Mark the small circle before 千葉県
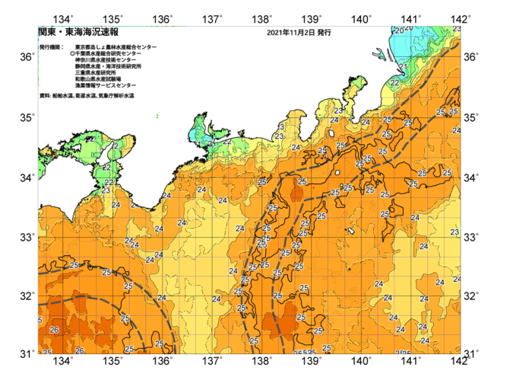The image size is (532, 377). pyautogui.click(x=72, y=54)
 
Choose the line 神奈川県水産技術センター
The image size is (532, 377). pyautogui.click(x=110, y=60)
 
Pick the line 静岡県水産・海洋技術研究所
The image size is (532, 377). pyautogui.click(x=114, y=67)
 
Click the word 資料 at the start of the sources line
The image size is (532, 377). pyautogui.click(x=45, y=96)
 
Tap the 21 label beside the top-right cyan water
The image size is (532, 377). pyautogui.click(x=406, y=67)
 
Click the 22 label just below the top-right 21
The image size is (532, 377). pyautogui.click(x=394, y=82)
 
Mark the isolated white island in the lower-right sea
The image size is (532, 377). pyautogui.click(x=351, y=231)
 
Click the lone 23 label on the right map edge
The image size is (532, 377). pyautogui.click(x=454, y=232)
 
